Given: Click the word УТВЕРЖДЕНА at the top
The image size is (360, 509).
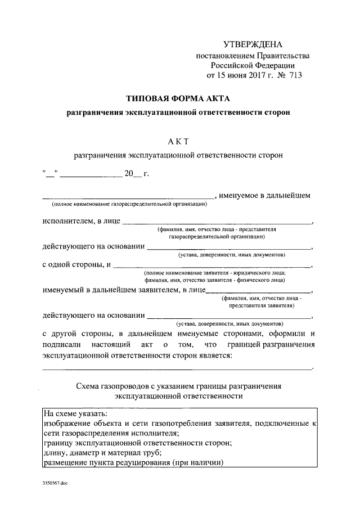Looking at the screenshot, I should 253,44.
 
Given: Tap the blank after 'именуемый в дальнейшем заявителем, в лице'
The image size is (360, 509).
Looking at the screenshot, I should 259,291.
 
